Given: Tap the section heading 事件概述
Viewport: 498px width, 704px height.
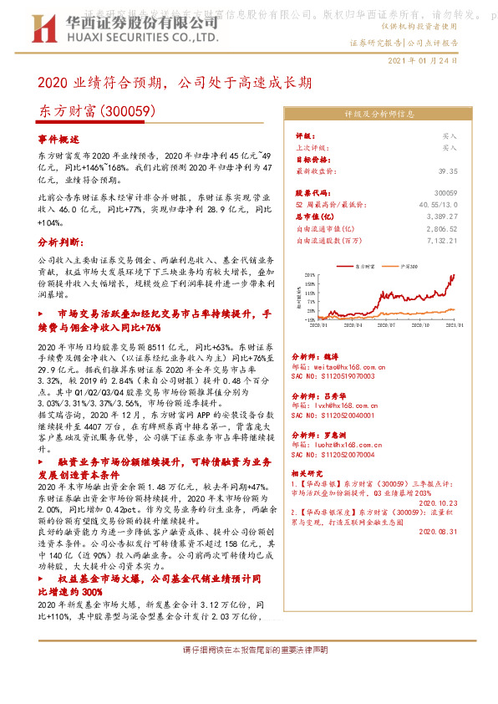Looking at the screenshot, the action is (x=58, y=140).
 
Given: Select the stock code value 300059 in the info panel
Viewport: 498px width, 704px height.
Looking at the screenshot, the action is (x=446, y=192).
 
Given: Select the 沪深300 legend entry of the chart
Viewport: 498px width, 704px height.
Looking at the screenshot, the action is (x=409, y=265).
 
